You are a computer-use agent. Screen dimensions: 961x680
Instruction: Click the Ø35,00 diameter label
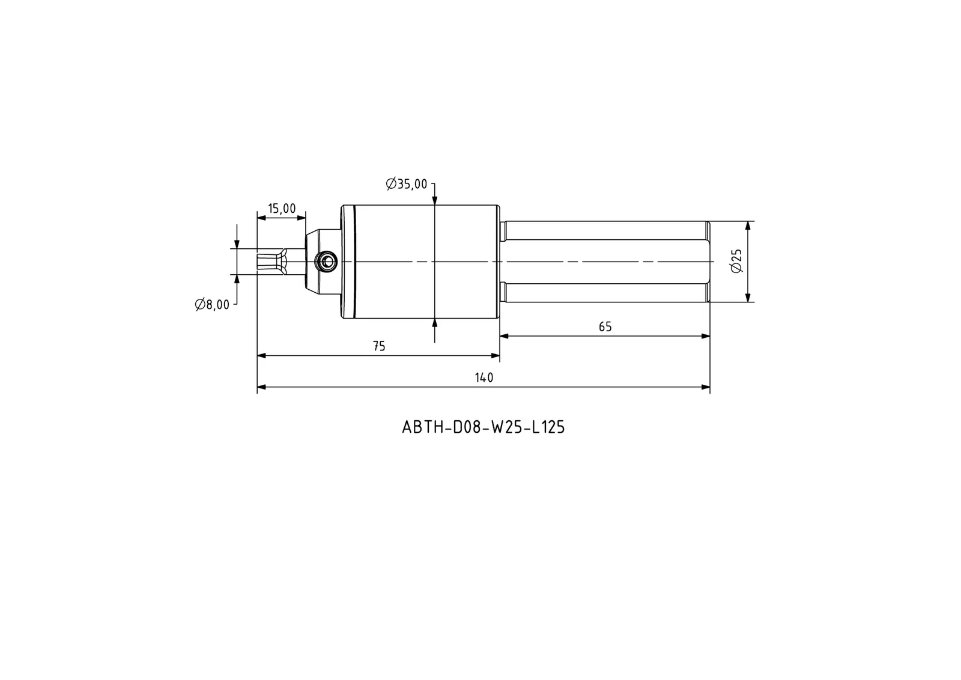[406, 185]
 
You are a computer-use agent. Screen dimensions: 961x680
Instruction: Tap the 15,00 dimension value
[282, 209]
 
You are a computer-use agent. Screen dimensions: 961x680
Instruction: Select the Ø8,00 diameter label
[212, 305]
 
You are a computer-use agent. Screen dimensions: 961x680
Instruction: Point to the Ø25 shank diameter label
[736, 261]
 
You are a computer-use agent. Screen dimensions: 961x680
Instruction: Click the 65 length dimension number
[605, 327]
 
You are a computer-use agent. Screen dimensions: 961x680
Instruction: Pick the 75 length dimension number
[379, 346]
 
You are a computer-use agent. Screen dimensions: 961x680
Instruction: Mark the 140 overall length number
[484, 378]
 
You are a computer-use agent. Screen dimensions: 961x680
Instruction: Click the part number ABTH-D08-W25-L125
[483, 427]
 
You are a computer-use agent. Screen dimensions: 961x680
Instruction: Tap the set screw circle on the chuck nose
[326, 261]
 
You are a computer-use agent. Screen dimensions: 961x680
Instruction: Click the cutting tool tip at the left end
[259, 261]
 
